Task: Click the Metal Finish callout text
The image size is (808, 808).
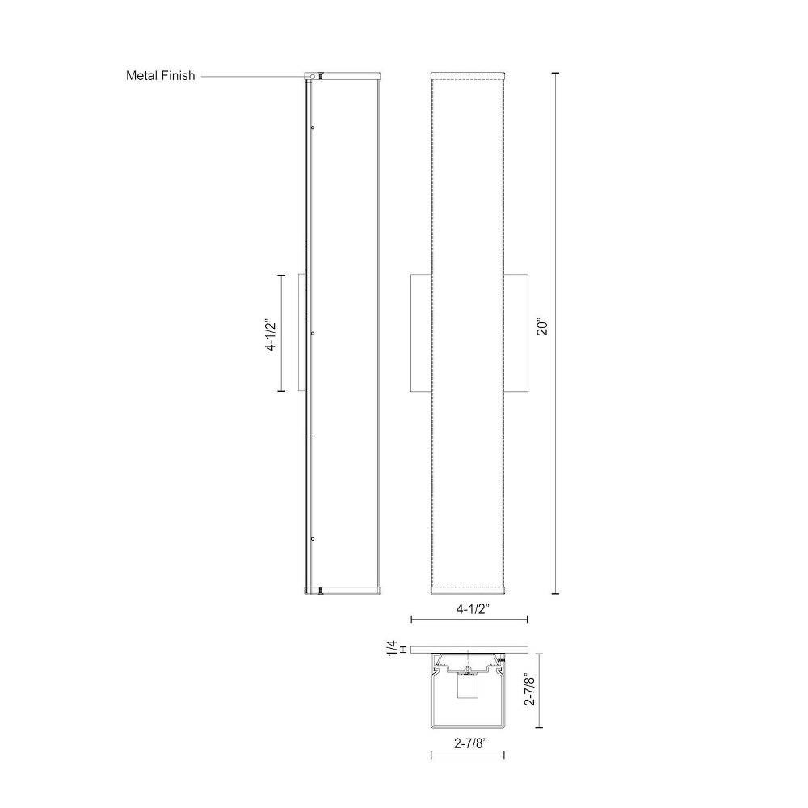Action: point(160,76)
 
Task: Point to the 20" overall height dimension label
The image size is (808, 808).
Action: point(543,329)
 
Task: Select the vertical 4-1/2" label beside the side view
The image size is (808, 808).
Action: point(271,335)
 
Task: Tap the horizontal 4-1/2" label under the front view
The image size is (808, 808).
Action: point(473,609)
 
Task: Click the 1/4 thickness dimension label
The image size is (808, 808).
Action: point(393,648)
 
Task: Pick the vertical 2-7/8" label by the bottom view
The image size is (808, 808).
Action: point(528,689)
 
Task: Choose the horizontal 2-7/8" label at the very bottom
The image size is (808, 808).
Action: point(470,743)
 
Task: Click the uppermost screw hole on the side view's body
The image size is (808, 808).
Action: point(313,128)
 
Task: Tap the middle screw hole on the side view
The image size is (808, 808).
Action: point(313,334)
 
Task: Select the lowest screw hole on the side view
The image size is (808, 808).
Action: point(313,539)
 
